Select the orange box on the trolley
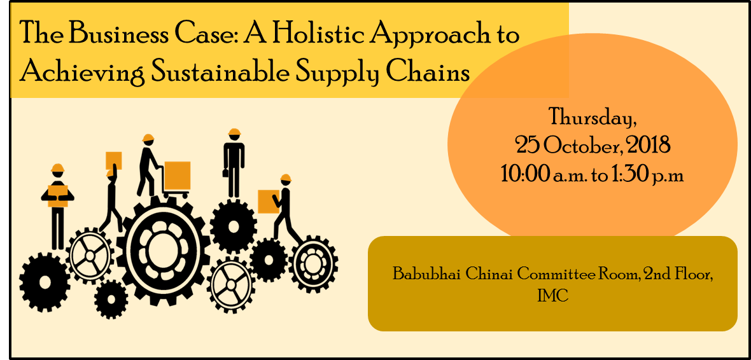[177, 176]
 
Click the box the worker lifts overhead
[113, 160]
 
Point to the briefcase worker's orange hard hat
[234, 132]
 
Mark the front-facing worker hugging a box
[57, 206]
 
